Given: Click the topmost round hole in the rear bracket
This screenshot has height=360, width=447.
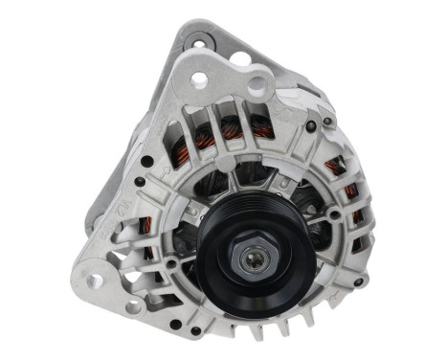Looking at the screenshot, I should [x=198, y=41].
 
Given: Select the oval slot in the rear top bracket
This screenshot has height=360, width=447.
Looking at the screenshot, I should [x=238, y=58].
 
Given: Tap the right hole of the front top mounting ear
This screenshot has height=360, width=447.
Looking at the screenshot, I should [x=257, y=85].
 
